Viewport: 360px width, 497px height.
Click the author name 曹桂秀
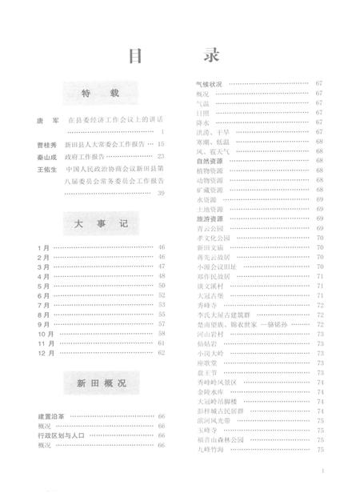(46, 144)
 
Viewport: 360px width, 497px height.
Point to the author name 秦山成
(46, 157)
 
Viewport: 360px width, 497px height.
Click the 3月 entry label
(42, 267)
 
